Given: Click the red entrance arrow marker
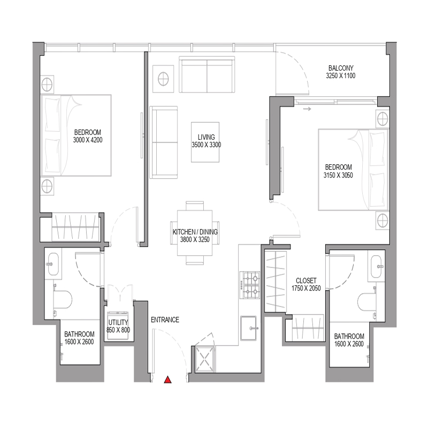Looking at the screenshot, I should coord(168,380).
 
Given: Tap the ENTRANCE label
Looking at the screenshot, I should coord(165,320).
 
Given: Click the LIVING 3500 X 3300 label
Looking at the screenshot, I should coord(206,141).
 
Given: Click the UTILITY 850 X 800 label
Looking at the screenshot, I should coord(117,326).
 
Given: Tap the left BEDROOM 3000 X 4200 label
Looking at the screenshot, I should coord(88,136).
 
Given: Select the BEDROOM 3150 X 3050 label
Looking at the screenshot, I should coord(338,171).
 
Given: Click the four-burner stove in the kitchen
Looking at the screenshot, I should coord(250,286).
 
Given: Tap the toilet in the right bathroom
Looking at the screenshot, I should coord(370,301).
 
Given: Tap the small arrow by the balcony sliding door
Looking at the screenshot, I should coord(307,109).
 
